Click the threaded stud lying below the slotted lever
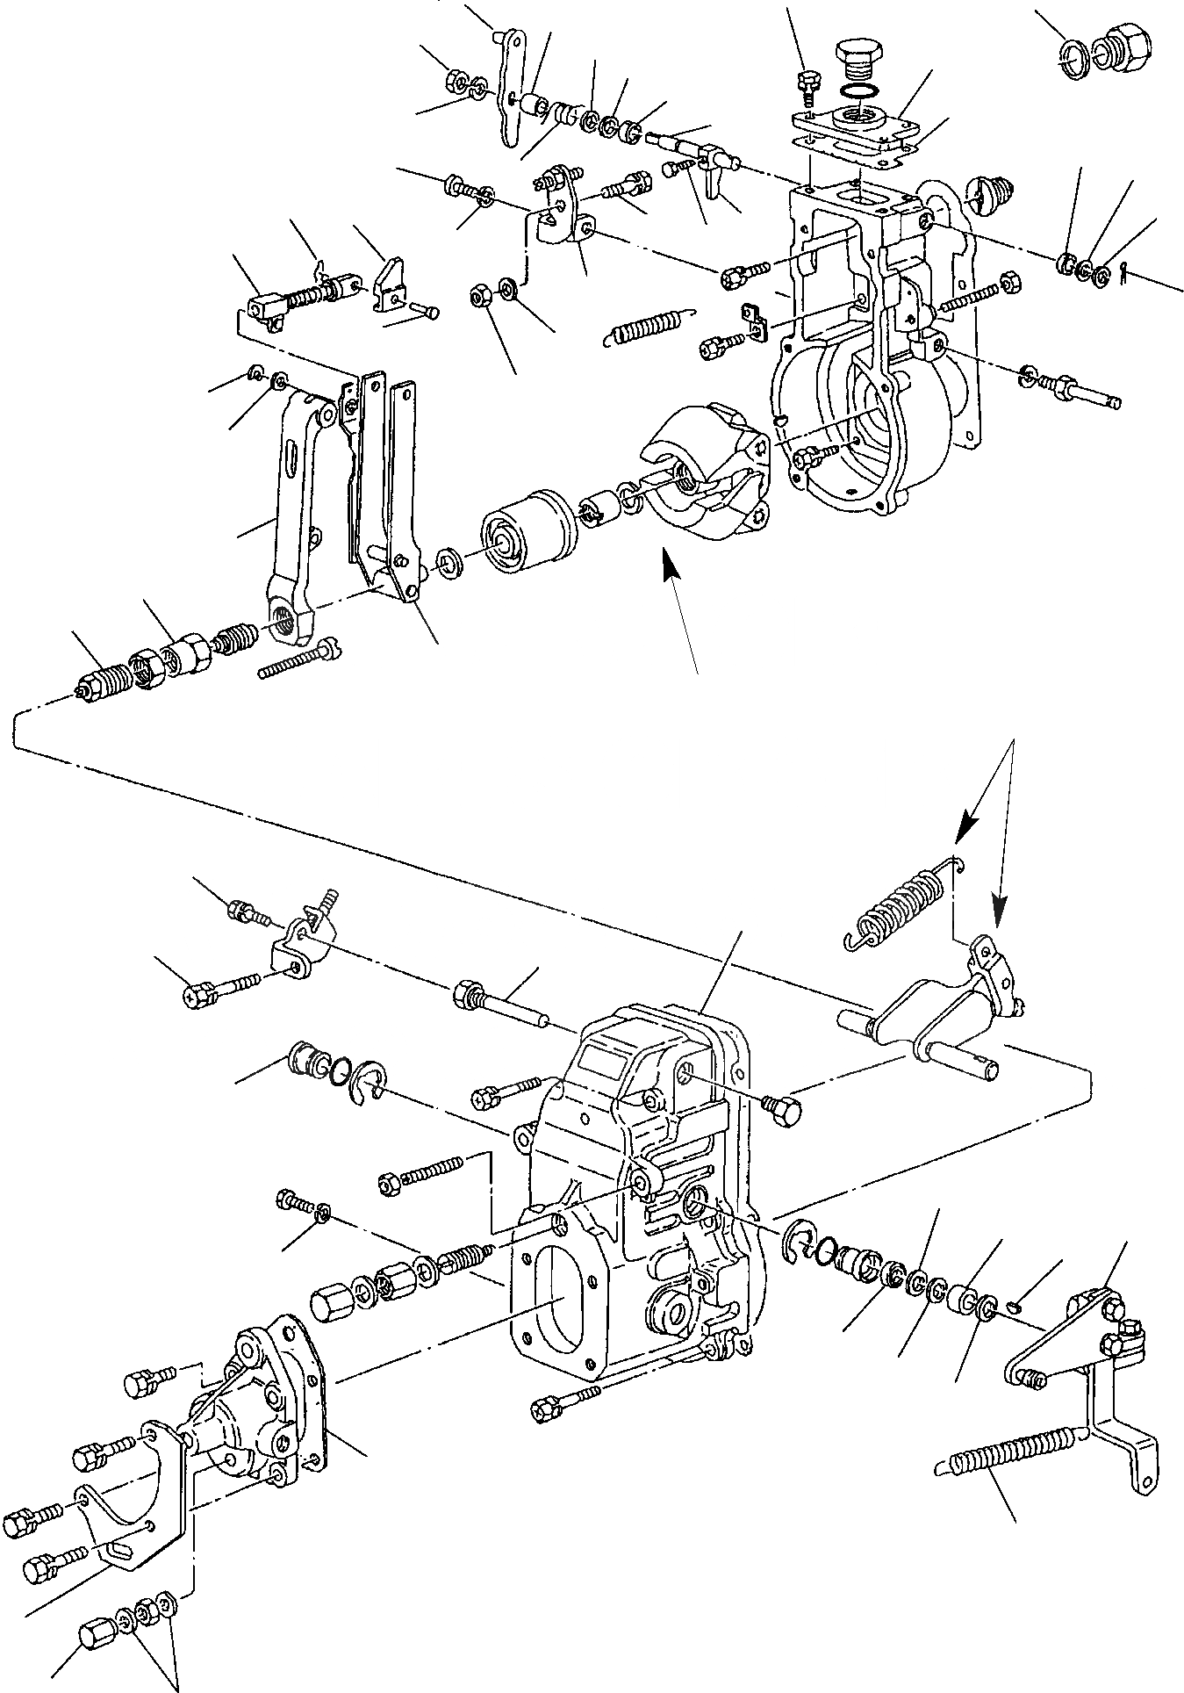298,659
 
